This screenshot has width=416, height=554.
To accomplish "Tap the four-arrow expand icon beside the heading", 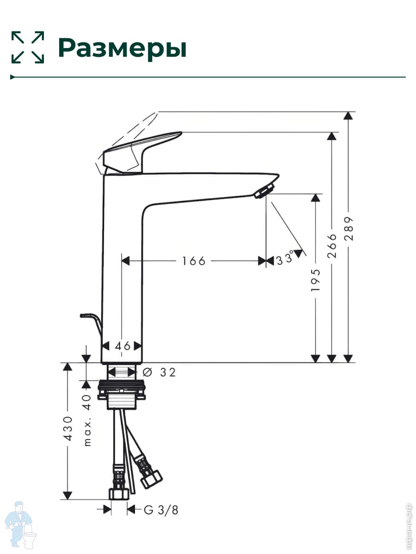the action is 28,47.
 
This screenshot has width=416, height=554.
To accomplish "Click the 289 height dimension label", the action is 349,229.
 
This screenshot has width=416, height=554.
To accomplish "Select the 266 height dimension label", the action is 332,246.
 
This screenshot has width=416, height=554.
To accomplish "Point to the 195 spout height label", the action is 316,280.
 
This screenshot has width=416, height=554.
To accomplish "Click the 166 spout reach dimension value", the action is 194,261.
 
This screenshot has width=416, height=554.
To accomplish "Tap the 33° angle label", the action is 285,258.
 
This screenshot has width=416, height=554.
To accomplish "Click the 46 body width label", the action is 123,346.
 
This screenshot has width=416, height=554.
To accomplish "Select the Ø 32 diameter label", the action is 159,372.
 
